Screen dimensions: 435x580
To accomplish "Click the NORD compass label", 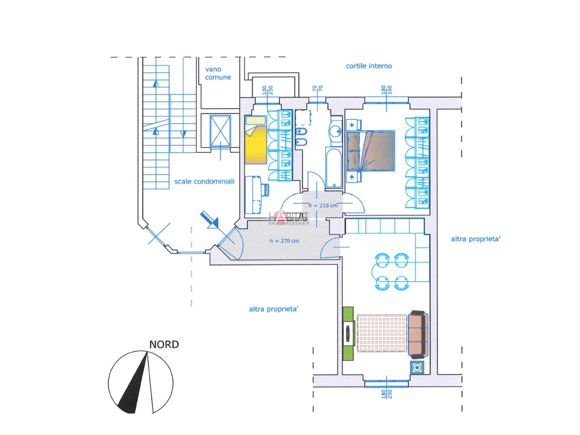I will click(164, 345).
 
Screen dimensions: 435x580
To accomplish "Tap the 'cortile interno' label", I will click(369, 66).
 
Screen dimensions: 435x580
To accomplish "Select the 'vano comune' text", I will click(217, 73).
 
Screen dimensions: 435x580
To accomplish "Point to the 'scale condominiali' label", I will click(204, 182).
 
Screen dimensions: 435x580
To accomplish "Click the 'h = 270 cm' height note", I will click(284, 241).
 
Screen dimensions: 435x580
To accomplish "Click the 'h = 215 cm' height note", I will click(323, 205).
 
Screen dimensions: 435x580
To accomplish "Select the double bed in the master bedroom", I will click(371, 151).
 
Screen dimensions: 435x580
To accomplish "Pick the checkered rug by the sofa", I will click(382, 333).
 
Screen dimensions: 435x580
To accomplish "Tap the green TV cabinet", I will click(348, 333).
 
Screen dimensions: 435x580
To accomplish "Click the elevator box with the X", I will click(220, 131).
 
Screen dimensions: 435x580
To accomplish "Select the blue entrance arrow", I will click(210, 219).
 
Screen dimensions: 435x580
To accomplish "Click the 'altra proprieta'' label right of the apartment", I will click(475, 239).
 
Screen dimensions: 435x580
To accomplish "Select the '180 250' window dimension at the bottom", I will click(387, 394).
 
